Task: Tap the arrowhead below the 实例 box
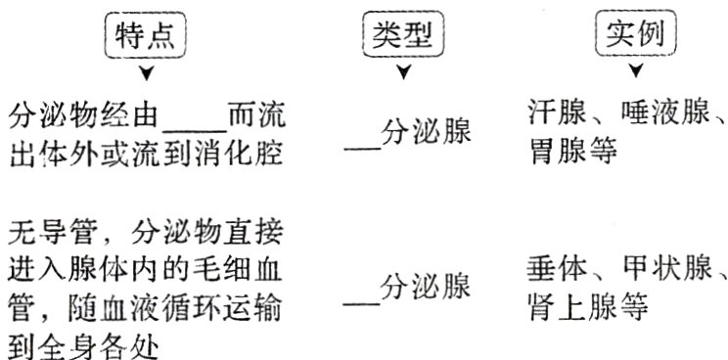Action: click(636, 73)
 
